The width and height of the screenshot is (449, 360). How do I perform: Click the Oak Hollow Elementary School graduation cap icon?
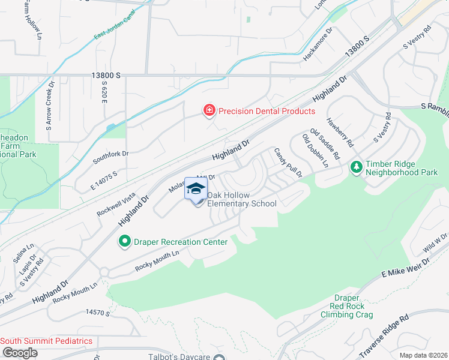[x=196, y=189]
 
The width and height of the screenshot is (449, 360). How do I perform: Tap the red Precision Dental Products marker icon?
[x=209, y=110]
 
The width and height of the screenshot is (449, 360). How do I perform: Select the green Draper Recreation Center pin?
[x=125, y=242]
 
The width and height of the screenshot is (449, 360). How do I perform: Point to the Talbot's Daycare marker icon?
[x=220, y=358]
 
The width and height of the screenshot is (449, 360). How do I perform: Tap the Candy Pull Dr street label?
[x=288, y=163]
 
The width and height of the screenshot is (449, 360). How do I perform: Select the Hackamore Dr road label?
[x=318, y=44]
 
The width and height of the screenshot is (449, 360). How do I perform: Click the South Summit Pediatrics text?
[x=46, y=341]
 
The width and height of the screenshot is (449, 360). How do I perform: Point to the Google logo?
[x=19, y=353]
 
